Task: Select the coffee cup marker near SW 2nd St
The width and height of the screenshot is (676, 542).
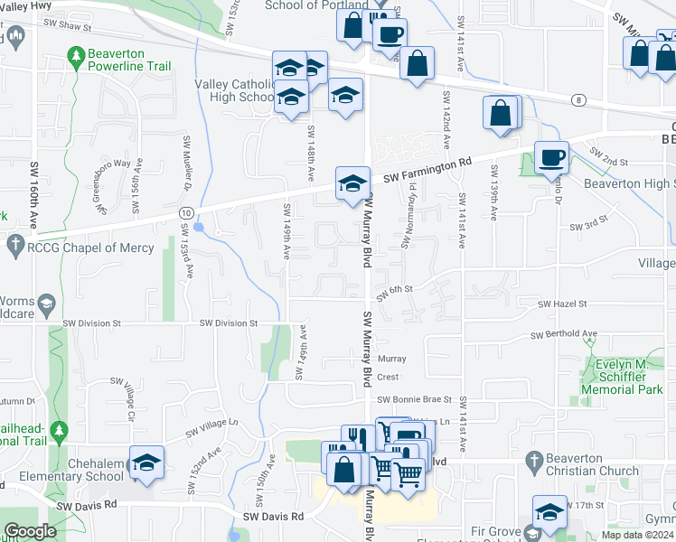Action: pyautogui.click(x=551, y=158)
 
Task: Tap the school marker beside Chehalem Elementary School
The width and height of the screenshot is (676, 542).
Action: pyautogui.click(x=146, y=463)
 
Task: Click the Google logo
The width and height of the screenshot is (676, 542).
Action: pyautogui.click(x=30, y=531)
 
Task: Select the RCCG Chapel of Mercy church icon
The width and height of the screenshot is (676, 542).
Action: pyautogui.click(x=14, y=244)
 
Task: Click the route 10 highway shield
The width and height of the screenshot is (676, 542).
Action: pyautogui.click(x=186, y=211)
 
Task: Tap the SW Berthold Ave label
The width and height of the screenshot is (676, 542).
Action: pyautogui.click(x=564, y=335)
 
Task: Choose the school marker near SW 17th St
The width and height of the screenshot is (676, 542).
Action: pyautogui.click(x=549, y=512)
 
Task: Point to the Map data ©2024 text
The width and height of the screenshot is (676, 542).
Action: pyautogui.click(x=636, y=535)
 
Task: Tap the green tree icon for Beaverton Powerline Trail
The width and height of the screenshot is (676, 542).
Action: pyautogui.click(x=79, y=57)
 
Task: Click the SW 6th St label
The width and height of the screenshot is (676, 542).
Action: pyautogui.click(x=395, y=289)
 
